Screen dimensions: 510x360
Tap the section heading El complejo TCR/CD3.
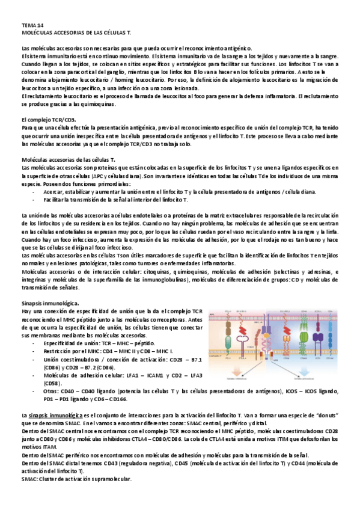click(48, 120)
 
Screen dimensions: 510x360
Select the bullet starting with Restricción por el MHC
click(108, 350)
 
